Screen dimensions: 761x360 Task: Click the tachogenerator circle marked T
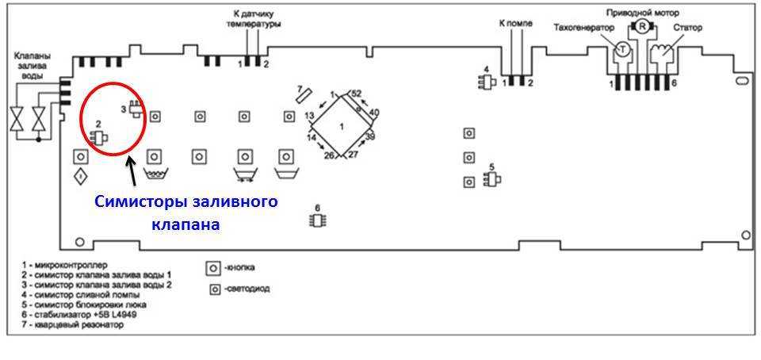point(623,48)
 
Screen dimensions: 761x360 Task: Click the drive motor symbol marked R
point(642,27)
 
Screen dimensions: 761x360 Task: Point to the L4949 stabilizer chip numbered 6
point(317,220)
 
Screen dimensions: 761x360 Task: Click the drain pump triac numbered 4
point(486,83)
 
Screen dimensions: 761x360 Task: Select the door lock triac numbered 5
point(491,181)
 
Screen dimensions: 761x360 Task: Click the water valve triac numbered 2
point(98,139)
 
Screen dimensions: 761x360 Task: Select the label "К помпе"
point(515,23)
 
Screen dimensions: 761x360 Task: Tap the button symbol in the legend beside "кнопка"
point(212,268)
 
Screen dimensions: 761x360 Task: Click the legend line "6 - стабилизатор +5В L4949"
point(79,315)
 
